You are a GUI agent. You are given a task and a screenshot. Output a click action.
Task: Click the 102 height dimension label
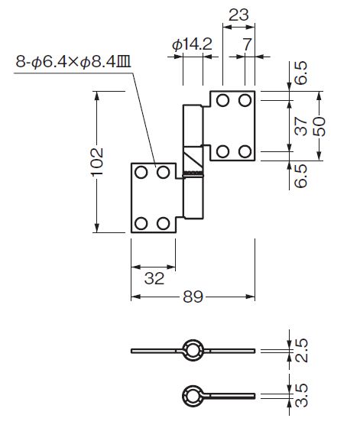(x=97, y=162)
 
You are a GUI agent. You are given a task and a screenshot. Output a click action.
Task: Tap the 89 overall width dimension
(x=193, y=297)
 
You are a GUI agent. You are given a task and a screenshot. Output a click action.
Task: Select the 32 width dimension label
(x=154, y=279)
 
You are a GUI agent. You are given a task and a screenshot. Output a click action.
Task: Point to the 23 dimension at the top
(x=238, y=15)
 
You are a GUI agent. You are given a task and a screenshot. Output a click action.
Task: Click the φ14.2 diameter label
(x=192, y=44)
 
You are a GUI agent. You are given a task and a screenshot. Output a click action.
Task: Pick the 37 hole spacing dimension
(x=301, y=126)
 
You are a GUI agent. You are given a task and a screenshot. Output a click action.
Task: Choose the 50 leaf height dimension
(x=319, y=127)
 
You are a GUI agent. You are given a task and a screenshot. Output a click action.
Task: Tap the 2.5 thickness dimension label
(x=301, y=351)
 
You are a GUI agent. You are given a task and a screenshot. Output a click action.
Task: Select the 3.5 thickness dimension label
(x=301, y=396)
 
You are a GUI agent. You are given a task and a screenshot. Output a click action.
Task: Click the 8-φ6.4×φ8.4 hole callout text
(x=73, y=62)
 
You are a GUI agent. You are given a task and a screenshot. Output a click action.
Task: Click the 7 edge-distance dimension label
(x=246, y=44)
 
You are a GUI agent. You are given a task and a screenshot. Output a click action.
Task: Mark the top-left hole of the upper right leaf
(x=222, y=100)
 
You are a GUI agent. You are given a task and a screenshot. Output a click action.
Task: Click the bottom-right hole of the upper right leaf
(x=245, y=151)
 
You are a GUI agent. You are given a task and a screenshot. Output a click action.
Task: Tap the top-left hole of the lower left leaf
(x=141, y=173)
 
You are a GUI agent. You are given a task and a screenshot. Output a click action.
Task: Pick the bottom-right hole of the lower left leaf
(x=164, y=223)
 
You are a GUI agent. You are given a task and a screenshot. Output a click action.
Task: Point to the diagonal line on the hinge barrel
(x=193, y=160)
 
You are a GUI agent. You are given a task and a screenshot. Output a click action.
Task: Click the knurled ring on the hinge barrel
(x=193, y=174)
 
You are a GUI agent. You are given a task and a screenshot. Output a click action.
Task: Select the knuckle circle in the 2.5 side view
(x=193, y=350)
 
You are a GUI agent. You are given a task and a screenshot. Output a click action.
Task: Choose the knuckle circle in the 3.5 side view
(x=193, y=396)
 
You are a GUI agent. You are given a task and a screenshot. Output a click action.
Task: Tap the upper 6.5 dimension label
(x=301, y=73)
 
